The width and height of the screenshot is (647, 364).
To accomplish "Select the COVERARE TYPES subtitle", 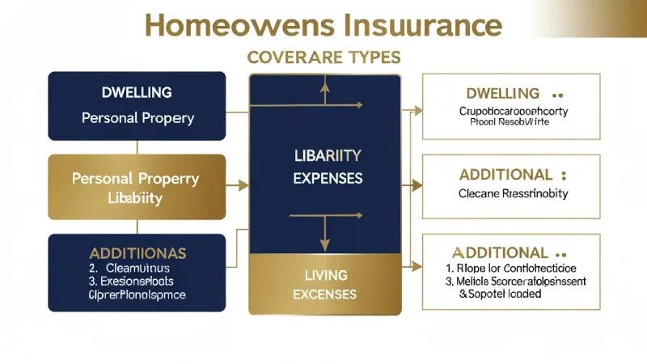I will coord(323,58).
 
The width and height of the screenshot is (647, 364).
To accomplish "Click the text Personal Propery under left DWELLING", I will coord(137,118).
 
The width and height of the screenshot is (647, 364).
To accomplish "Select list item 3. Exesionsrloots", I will coord(133,281).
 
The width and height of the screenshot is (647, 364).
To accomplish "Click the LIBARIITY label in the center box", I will coord(323,154).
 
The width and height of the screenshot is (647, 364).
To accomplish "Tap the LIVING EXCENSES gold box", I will coord(323,284).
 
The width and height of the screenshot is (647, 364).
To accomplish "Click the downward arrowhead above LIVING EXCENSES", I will coord(323,243).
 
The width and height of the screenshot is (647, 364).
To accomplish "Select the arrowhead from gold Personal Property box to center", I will coord(243,186).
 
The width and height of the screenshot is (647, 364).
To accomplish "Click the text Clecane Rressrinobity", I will coord(513,194).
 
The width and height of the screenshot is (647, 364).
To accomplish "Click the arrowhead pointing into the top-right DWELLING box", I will coord(417,108).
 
